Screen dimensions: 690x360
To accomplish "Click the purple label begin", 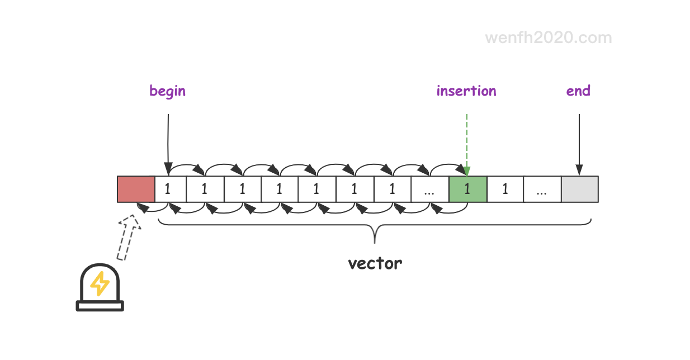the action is [x=168, y=91].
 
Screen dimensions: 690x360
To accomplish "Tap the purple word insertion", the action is [x=466, y=91].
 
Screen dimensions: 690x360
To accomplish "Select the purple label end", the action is [x=579, y=91].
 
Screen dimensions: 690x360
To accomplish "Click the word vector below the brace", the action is [x=375, y=264].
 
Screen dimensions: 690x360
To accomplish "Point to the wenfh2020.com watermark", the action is [x=549, y=38].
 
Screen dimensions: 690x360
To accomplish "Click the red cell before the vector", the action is [x=136, y=189].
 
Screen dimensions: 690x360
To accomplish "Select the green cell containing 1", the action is [x=468, y=189].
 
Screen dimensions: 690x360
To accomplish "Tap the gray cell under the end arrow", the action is [x=580, y=189].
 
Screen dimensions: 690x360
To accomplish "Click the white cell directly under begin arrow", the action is [x=171, y=189].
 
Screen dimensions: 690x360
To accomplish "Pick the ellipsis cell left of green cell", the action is [x=430, y=189].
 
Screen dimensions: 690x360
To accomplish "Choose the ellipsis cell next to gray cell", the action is [x=542, y=189].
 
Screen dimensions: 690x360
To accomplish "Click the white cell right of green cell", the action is [x=505, y=189].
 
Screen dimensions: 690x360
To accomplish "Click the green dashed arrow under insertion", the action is [x=467, y=145].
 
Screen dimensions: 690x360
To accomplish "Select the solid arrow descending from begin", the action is [x=168, y=145].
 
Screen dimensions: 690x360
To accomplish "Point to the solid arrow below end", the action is [x=579, y=145].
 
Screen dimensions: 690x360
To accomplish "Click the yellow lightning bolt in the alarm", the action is [x=100, y=283].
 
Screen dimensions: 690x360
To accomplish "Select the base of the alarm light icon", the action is [x=100, y=306].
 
